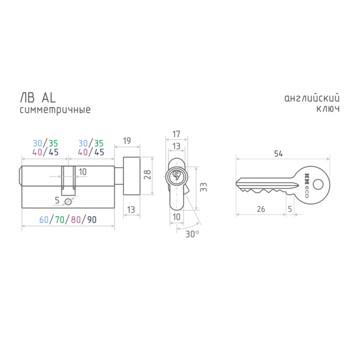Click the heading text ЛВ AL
pos(38,98)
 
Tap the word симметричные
pos(55,110)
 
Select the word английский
pos(312,98)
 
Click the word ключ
pos(328,109)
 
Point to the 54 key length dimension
pos(279,154)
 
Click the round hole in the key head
pos(318,184)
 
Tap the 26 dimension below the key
pos(261,209)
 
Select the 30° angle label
pos(192,234)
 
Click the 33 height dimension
pos(203,187)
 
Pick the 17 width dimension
pos(176,134)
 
